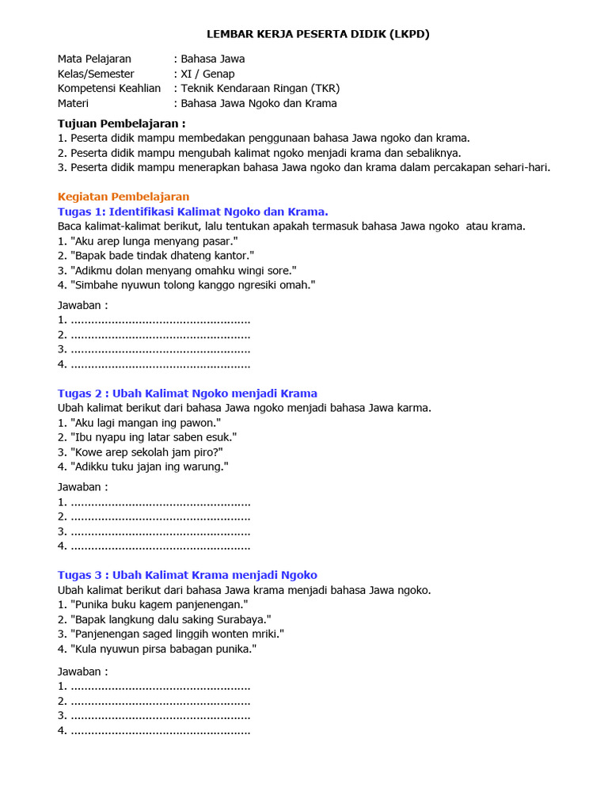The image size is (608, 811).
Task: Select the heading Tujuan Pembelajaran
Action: tap(122, 124)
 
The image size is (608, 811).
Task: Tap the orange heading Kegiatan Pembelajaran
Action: tap(123, 196)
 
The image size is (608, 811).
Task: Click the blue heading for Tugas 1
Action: tap(193, 211)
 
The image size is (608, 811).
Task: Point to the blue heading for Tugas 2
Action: tap(188, 393)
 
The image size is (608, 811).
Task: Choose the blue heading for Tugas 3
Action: tap(188, 575)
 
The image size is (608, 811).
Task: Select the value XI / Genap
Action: tap(207, 74)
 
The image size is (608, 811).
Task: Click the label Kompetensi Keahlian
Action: tap(109, 88)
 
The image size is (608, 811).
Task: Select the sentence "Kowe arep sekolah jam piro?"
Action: tap(146, 451)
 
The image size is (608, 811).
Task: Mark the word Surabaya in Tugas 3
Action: tap(242, 619)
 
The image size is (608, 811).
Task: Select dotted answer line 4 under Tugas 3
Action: tap(160, 730)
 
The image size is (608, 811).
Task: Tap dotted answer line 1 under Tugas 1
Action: tap(160, 320)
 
